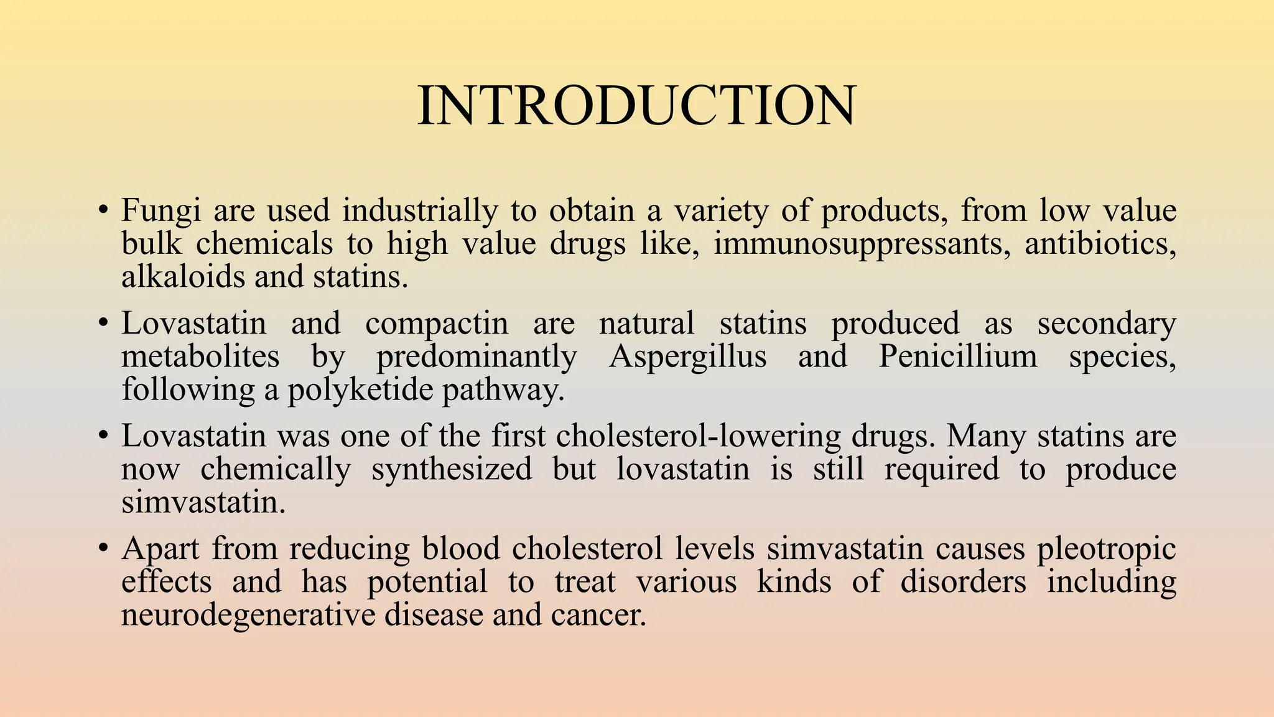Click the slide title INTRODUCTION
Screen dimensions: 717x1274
(x=636, y=106)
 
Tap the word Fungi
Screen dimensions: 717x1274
(x=160, y=211)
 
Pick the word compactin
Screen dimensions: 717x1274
(x=437, y=324)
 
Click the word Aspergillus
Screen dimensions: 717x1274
(x=687, y=357)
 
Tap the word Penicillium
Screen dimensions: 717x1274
(x=958, y=357)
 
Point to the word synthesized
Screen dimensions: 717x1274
(x=452, y=469)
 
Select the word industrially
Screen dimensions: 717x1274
(x=420, y=211)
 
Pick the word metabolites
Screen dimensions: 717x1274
(x=200, y=357)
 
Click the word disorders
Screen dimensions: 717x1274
(x=963, y=582)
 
